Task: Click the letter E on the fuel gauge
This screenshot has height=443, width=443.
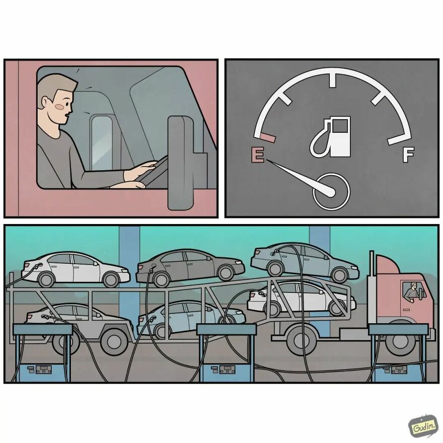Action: coord(257,155)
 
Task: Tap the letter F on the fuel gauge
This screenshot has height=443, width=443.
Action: coord(408,155)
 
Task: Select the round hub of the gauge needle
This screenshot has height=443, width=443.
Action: coord(331,191)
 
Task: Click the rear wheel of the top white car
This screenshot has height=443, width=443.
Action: coord(47,279)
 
